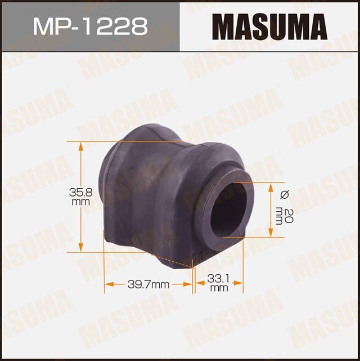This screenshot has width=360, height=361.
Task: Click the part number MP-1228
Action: coord(89,26)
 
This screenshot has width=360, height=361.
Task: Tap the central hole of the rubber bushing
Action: coord(230,208)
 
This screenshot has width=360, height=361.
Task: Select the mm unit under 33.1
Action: coord(219,288)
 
